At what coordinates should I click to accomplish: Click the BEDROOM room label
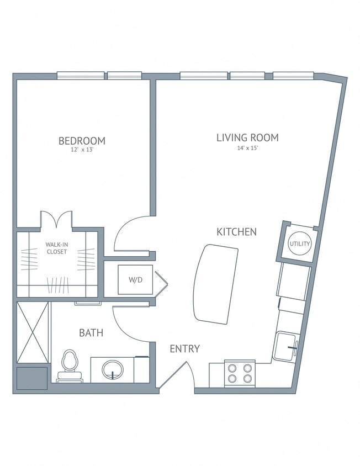(82, 141)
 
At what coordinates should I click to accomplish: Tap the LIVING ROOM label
(247, 137)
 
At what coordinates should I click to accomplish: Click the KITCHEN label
(236, 232)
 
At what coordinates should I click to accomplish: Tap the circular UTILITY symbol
(299, 243)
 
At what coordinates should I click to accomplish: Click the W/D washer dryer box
(136, 279)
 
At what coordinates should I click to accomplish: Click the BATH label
(91, 333)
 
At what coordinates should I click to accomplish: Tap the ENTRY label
(184, 349)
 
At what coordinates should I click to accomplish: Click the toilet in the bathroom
(70, 364)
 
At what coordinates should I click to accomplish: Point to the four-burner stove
(240, 373)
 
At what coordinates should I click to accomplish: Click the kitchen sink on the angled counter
(287, 346)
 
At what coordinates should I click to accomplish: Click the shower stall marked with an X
(33, 333)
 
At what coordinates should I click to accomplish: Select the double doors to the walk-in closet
(56, 219)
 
